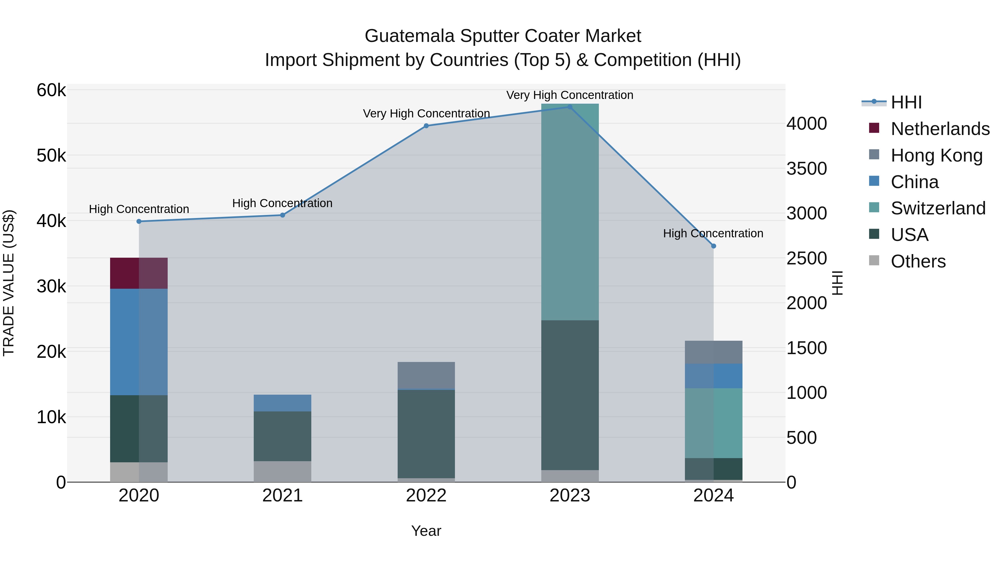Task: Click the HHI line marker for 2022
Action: coord(426,126)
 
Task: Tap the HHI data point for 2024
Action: coord(713,246)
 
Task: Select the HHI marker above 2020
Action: coord(139,221)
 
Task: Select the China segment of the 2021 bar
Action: coord(282,403)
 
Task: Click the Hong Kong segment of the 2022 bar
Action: coord(426,375)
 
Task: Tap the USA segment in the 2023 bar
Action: coord(570,394)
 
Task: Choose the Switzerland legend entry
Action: coord(938,208)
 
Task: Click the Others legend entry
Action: coord(918,261)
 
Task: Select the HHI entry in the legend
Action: coord(906,102)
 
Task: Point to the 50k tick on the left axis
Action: coord(51,156)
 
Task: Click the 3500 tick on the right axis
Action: coord(806,169)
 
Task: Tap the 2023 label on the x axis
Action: coord(570,496)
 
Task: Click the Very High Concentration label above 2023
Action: coord(570,95)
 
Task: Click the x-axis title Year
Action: coord(426,531)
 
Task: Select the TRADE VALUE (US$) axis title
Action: coord(9,283)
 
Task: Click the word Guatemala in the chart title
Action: coord(410,36)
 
